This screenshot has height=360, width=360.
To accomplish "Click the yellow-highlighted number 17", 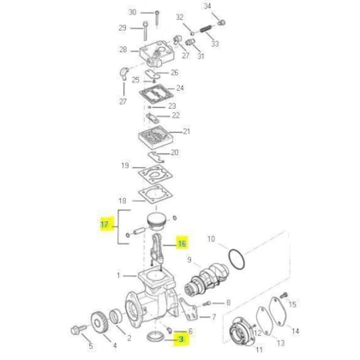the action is (x=105, y=225).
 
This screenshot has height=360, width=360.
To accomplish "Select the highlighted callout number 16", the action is (x=182, y=243).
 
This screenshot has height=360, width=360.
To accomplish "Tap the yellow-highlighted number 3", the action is (x=181, y=339).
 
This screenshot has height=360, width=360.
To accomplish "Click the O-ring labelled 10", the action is (x=237, y=259).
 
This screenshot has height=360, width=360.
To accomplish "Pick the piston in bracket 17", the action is (x=156, y=222).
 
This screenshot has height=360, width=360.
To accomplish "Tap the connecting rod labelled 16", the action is (x=156, y=249).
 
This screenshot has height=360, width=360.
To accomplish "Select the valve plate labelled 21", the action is (x=156, y=137).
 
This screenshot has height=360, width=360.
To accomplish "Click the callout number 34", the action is (x=207, y=6).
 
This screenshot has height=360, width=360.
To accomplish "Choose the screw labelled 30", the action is (x=157, y=20).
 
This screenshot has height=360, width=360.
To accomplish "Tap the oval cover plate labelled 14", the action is (x=279, y=310).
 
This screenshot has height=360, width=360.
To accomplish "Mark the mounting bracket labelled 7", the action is (x=189, y=310).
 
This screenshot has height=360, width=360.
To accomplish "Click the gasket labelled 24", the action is (x=156, y=93).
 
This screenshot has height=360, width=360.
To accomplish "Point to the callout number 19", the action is (x=125, y=165).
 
